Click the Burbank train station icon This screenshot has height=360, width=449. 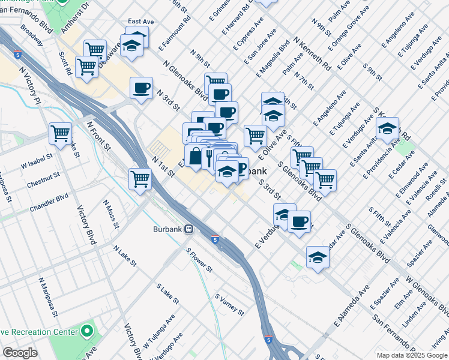click(x=188, y=229)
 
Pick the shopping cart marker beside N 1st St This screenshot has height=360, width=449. click(x=140, y=178)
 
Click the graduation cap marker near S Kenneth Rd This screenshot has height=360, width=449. click(x=388, y=128)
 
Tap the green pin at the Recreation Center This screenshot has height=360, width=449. click(x=87, y=331)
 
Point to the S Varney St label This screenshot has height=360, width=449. click(x=230, y=304)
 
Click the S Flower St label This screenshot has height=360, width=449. click(x=199, y=260)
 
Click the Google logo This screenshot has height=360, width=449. click(x=20, y=353)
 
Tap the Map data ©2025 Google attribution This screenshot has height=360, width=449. click(x=411, y=355)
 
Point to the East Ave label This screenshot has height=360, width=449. click(x=141, y=21)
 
